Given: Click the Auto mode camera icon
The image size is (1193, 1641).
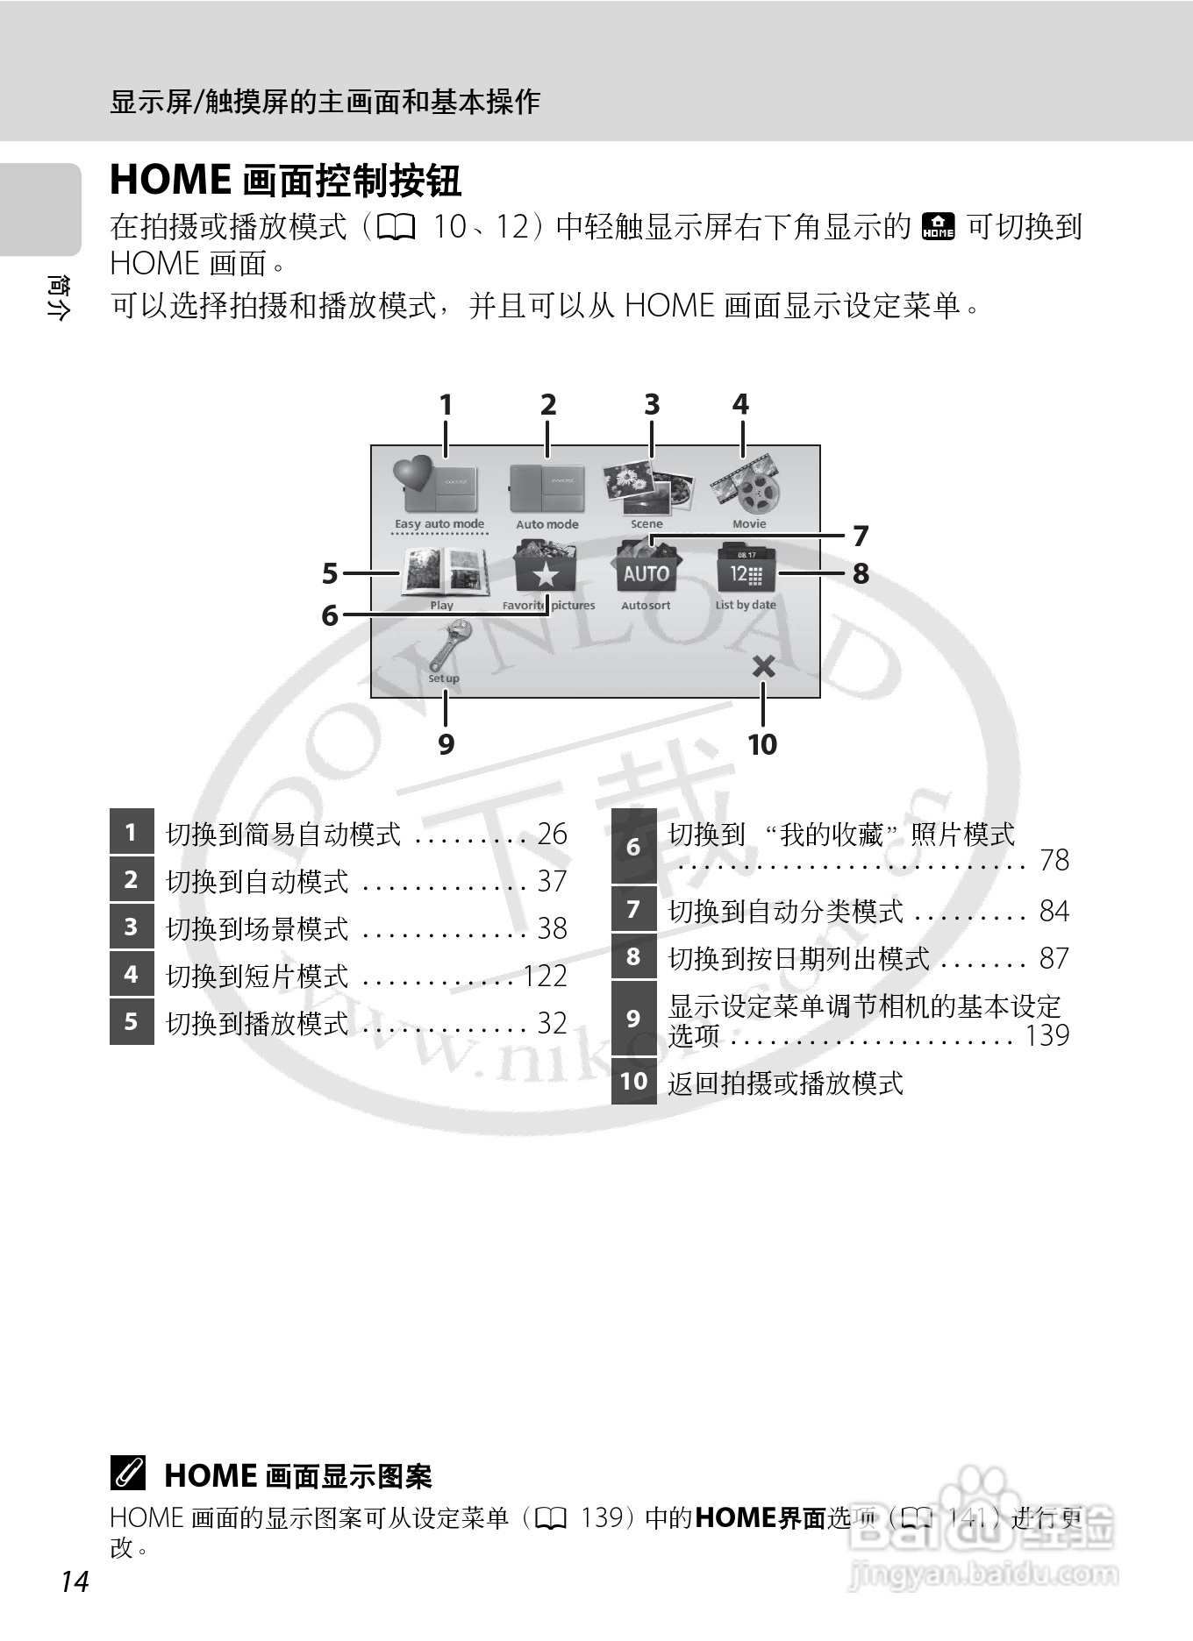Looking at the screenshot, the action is [547, 487].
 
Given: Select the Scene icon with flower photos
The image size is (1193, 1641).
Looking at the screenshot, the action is [647, 487].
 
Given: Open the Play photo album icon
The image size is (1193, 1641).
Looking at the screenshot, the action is [444, 572].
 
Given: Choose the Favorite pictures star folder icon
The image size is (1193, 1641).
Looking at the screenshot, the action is [546, 570].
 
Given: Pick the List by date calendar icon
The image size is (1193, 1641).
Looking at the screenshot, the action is [746, 570].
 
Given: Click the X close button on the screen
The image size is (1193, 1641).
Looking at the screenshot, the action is [763, 667].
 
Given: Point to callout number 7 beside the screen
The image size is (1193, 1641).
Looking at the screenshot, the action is [861, 535].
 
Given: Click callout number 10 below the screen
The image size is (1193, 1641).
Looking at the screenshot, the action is [761, 744].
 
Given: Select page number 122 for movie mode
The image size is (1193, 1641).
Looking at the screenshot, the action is [545, 976].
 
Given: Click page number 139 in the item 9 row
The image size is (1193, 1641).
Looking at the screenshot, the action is [1047, 1035].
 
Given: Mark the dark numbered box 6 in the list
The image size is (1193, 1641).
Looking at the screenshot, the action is [633, 847].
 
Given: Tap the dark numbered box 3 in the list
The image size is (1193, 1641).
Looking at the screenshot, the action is [132, 927].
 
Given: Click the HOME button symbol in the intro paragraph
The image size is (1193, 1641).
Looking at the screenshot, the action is [939, 226].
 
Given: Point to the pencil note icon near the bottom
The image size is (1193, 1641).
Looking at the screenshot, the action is [128, 1474].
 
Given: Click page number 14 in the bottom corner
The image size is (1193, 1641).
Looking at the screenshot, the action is [75, 1581].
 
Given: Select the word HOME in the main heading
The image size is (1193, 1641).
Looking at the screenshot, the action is [170, 180].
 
